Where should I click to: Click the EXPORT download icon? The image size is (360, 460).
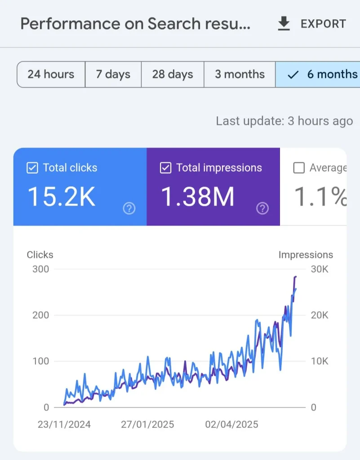click(284, 24)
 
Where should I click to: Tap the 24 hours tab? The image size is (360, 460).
click(51, 74)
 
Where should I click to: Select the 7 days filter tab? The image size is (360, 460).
click(113, 74)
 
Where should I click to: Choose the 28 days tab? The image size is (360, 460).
click(172, 74)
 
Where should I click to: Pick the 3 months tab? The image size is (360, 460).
click(240, 74)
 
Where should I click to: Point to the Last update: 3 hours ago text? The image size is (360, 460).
click(284, 121)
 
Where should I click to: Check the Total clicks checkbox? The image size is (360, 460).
click(32, 168)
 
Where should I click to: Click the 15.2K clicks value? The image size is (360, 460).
click(62, 197)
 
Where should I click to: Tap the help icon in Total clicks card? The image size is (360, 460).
click(129, 208)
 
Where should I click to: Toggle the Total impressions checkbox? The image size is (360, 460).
click(165, 168)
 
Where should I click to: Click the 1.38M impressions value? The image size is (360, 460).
click(198, 197)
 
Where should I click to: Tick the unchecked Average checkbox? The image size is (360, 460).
click(299, 168)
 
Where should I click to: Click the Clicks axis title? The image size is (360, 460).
click(40, 255)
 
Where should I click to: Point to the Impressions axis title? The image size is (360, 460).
click(306, 255)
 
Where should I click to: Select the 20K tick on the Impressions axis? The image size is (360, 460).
click(320, 315)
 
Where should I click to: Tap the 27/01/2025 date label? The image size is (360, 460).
click(147, 425)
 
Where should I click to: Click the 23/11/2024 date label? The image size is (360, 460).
click(64, 425)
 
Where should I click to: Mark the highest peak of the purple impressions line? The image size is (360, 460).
click(295, 277)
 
